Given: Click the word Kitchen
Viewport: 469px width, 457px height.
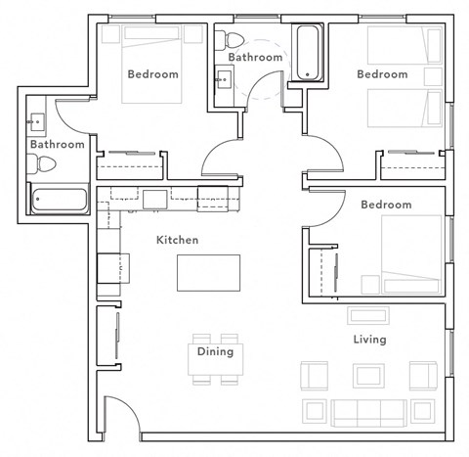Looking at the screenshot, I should (x=177, y=240).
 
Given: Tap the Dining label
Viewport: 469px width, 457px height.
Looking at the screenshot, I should (x=215, y=351).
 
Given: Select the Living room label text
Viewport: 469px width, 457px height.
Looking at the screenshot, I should (x=370, y=340).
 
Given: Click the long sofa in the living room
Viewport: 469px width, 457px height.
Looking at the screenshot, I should (x=368, y=410).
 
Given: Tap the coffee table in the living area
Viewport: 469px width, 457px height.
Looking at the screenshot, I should (x=369, y=376).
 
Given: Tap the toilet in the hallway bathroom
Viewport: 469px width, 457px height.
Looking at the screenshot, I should (x=234, y=40).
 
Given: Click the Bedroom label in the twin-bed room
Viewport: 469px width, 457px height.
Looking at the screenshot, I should (x=381, y=74).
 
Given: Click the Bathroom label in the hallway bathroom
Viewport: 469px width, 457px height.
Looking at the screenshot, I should (x=255, y=57).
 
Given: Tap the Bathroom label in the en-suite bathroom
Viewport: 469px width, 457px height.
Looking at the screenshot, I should (x=57, y=144).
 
